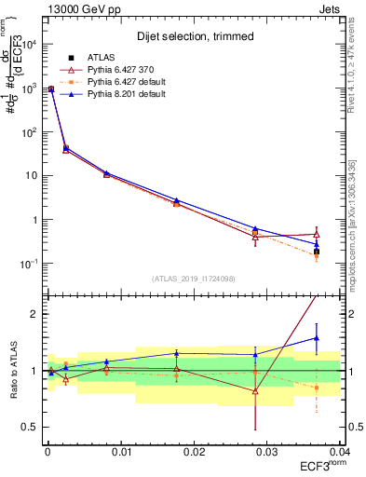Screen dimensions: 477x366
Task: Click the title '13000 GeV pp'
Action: click(75, 9)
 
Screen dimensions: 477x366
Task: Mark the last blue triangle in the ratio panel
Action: click(317, 338)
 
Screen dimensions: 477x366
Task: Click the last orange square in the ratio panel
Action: click(317, 388)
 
